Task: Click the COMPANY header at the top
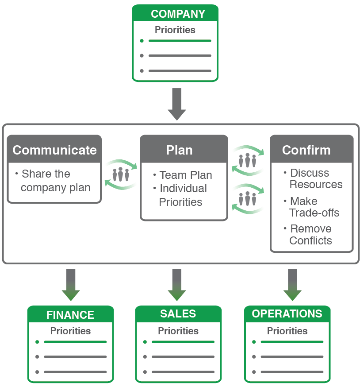tap(178, 14)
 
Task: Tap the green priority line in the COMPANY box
tap(180, 41)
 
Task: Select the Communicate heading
tap(54, 150)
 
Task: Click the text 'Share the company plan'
tap(55, 181)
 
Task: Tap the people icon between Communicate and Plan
tap(120, 174)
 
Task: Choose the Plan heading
tap(180, 150)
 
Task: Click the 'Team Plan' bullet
tap(185, 175)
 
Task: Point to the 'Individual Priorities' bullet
tap(183, 195)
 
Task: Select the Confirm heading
tap(306, 150)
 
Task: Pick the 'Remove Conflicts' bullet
tap(310, 235)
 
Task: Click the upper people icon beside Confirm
tap(248, 160)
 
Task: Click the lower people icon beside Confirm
tap(248, 199)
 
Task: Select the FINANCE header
tap(70, 315)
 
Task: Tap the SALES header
tap(178, 314)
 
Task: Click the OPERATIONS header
tap(287, 314)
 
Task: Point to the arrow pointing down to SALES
tap(177, 285)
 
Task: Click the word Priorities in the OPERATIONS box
tap(287, 331)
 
